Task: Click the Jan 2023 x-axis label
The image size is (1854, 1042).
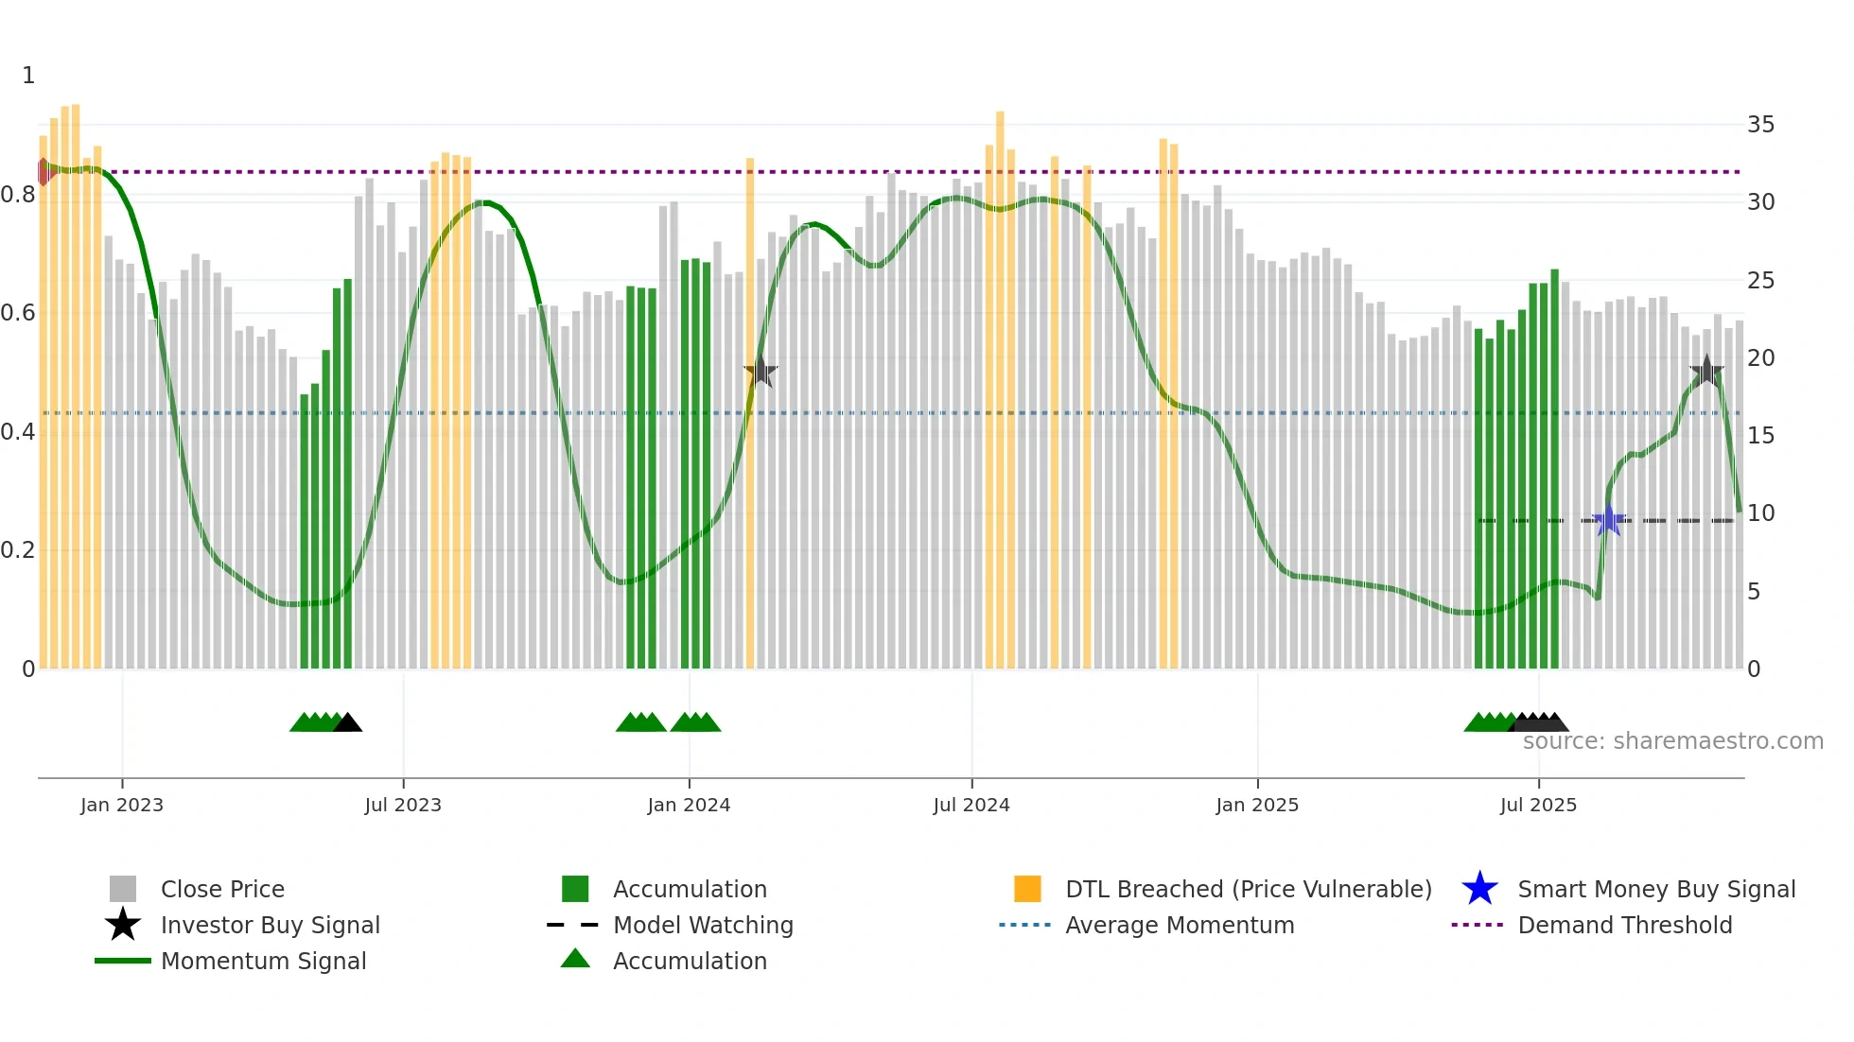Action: pos(122,805)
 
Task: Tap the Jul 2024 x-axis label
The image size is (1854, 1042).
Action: pos(971,805)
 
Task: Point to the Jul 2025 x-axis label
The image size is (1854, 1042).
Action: pos(1538,805)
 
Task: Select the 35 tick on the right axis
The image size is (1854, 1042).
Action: pos(1760,125)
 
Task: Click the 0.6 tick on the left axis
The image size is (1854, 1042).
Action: pos(18,313)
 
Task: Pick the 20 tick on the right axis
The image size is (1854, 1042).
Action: pos(1760,358)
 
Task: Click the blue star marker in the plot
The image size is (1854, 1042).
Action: pos(1608,520)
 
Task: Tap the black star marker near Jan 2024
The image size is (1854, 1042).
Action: pos(761,372)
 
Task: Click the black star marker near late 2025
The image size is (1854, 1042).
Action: pos(1706,372)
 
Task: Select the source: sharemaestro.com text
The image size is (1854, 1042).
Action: pos(1672,741)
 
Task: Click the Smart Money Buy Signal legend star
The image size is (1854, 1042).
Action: pos(1479,889)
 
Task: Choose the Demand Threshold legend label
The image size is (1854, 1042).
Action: pos(1624,925)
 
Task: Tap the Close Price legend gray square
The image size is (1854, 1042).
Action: pos(123,889)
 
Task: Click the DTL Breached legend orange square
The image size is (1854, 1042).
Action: pos(1027,889)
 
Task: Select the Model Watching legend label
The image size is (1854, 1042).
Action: pos(703,925)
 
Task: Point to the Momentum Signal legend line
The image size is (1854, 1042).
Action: pos(123,961)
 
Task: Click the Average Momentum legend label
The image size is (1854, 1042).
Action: pos(1180,925)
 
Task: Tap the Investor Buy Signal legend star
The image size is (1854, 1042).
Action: pos(123,925)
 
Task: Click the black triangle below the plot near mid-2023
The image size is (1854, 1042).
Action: pos(347,723)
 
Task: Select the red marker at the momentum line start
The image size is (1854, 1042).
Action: pos(44,172)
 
